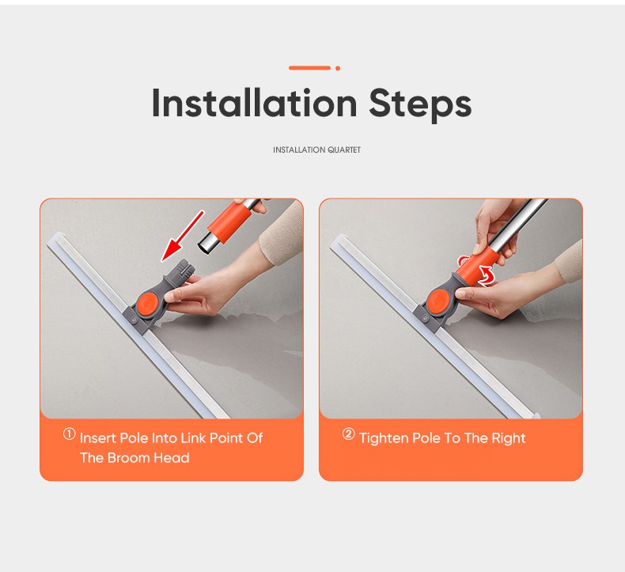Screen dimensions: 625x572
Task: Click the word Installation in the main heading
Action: (254, 103)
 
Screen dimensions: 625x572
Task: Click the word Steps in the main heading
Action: (420, 104)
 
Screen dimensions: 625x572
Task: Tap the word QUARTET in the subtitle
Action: (344, 150)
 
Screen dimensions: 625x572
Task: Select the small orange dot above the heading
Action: (338, 68)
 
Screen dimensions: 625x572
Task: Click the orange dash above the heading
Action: (309, 68)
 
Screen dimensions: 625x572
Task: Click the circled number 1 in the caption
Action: (70, 434)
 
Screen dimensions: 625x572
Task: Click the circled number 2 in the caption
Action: (348, 434)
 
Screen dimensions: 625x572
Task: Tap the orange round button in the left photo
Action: (148, 303)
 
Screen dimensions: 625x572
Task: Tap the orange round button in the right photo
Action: (437, 301)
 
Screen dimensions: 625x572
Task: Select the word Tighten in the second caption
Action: (384, 438)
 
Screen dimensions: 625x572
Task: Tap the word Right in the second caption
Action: (508, 438)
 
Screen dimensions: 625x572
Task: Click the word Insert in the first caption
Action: (97, 438)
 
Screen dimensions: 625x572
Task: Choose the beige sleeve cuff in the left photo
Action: (282, 233)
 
